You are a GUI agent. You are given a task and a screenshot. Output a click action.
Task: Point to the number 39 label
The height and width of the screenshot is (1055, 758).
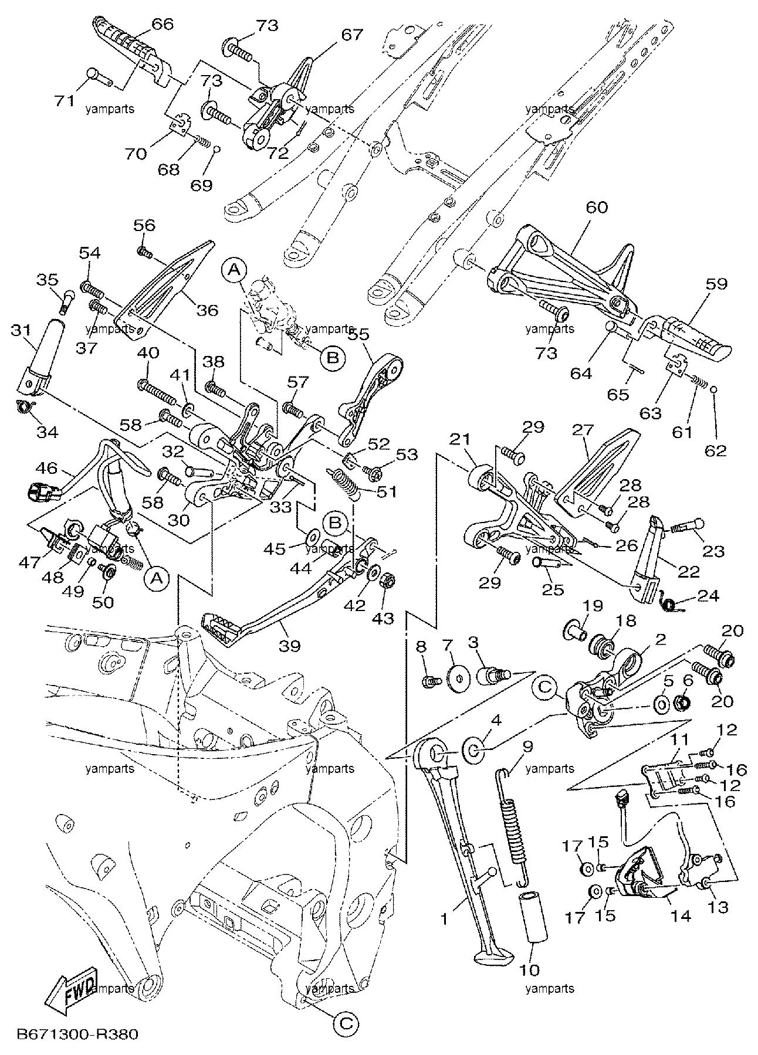(x=289, y=646)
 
